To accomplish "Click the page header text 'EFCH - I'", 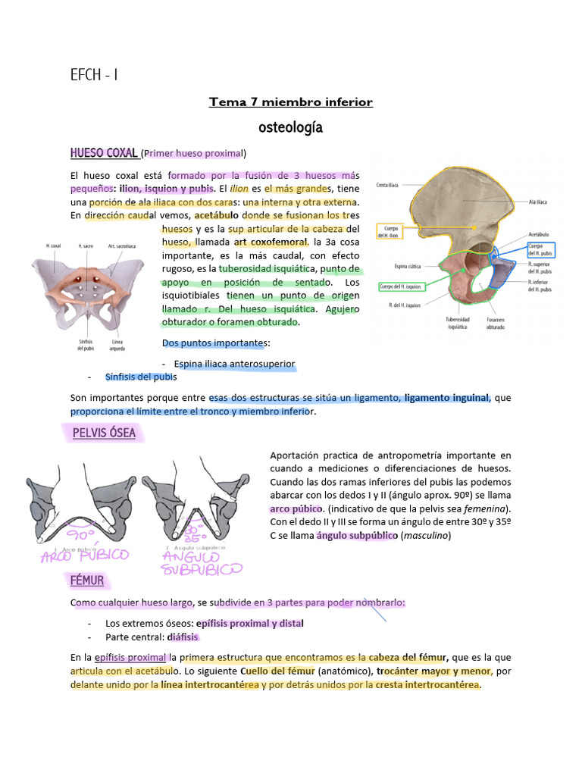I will click(x=94, y=74).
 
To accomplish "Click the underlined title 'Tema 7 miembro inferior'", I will click(x=291, y=102).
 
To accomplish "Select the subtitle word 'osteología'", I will click(x=291, y=127).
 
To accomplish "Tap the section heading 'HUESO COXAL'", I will click(x=104, y=154).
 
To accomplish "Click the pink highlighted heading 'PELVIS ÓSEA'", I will click(x=104, y=433).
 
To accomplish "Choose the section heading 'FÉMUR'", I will click(x=88, y=580).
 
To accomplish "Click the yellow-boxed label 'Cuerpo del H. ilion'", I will click(x=392, y=229).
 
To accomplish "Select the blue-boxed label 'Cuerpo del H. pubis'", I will click(x=540, y=250).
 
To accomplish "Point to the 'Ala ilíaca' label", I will click(x=537, y=202).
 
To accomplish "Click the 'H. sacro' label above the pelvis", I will click(x=86, y=246).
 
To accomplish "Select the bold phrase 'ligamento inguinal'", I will click(x=447, y=398).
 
